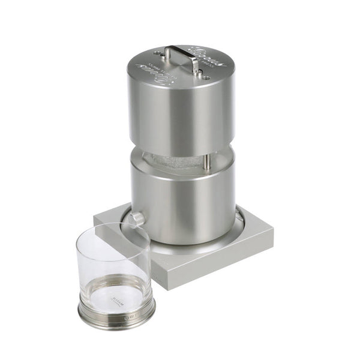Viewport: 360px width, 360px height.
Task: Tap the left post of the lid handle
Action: [x=168, y=55]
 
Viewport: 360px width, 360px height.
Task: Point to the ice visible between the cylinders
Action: [x=174, y=161]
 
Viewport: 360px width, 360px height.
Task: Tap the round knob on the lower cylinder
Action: [x=137, y=218]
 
